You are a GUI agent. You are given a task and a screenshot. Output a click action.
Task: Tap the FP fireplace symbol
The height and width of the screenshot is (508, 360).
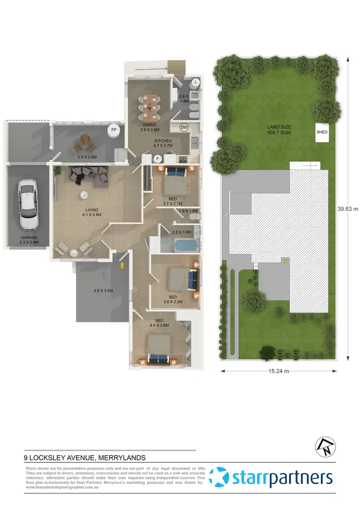(x=114, y=130)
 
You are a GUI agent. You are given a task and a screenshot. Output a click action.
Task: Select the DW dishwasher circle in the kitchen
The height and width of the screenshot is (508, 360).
(x=184, y=128)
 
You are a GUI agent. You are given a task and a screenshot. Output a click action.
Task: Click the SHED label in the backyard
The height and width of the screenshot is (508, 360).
(x=322, y=132)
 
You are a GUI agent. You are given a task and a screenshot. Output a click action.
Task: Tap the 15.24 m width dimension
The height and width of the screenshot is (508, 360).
(x=283, y=371)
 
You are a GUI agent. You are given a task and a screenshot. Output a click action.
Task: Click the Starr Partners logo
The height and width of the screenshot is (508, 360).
(x=272, y=478)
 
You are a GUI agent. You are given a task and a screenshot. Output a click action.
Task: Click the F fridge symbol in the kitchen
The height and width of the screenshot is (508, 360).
(x=156, y=158)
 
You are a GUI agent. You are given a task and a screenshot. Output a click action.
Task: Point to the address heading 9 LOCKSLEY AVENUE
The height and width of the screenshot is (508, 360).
(x=85, y=458)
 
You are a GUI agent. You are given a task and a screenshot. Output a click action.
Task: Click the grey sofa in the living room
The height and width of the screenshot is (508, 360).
(x=89, y=174)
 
